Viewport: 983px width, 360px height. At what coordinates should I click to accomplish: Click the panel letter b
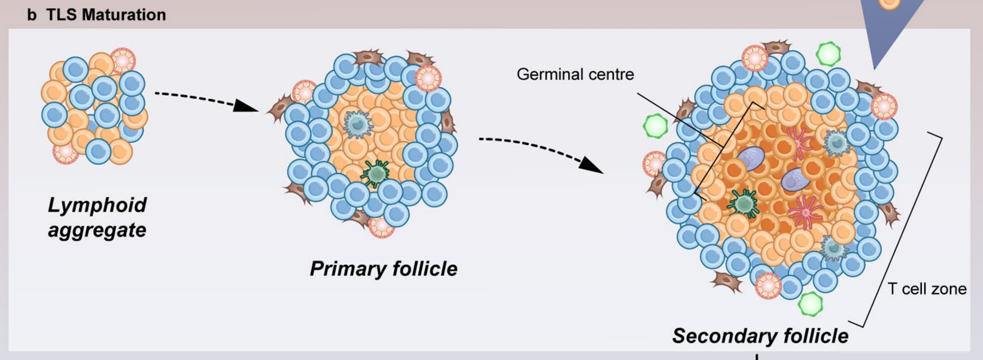coord(32,15)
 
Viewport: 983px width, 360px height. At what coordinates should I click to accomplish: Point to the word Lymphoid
coord(97,205)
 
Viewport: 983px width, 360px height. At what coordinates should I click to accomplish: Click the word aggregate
coord(97,230)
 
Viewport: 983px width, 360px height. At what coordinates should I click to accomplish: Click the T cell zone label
coord(927,289)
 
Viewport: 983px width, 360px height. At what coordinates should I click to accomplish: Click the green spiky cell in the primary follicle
coord(376,173)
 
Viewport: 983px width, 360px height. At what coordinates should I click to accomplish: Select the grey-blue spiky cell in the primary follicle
coord(358,125)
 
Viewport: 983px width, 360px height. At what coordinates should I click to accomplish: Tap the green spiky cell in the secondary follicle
coord(743,203)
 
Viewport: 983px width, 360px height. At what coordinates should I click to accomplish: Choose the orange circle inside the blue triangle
coord(889,4)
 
